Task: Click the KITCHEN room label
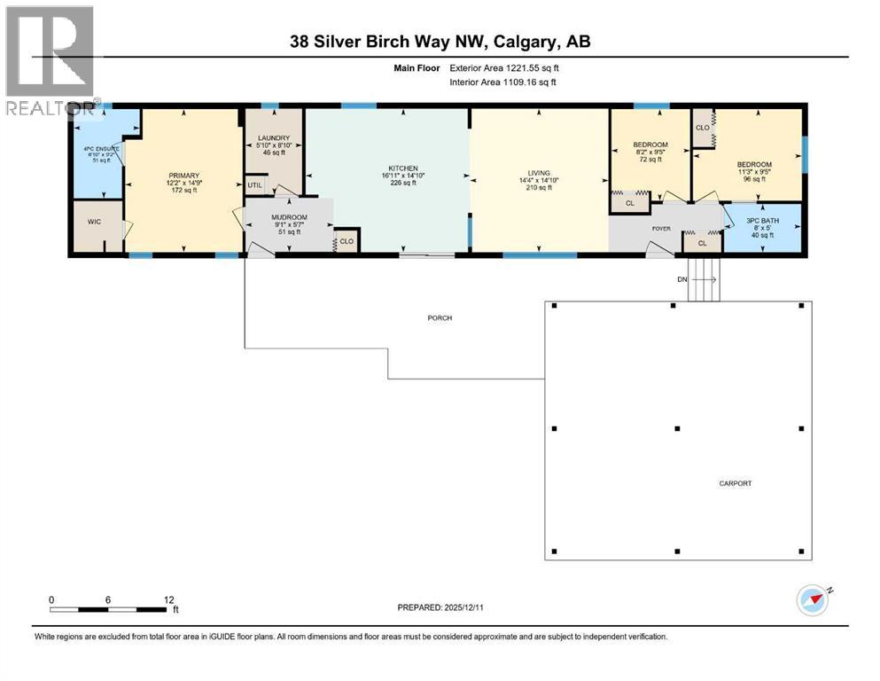(x=402, y=168)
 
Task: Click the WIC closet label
(x=95, y=223)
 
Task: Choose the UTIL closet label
(x=255, y=185)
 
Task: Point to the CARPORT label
(x=736, y=483)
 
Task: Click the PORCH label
(x=439, y=317)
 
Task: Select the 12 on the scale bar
(x=169, y=599)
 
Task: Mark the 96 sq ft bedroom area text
(x=754, y=180)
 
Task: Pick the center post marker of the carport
(x=676, y=428)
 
